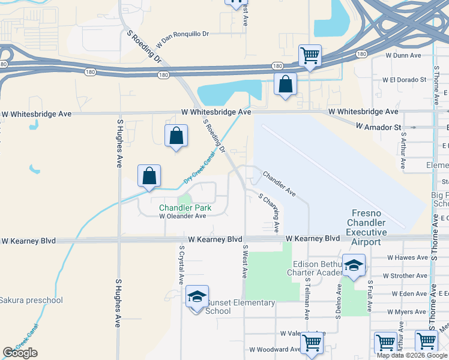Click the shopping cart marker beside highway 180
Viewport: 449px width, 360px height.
pyautogui.click(x=310, y=56)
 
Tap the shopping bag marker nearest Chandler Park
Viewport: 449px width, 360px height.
pyautogui.click(x=149, y=176)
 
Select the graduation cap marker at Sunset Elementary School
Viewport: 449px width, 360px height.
pyautogui.click(x=197, y=297)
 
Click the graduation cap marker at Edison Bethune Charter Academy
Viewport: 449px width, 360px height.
pyautogui.click(x=354, y=266)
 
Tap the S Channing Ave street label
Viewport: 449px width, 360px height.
pyautogui.click(x=269, y=212)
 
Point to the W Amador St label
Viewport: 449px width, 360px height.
pyautogui.click(x=378, y=127)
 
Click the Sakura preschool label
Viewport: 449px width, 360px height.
pyautogui.click(x=31, y=300)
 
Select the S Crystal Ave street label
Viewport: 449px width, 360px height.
pyautogui.click(x=180, y=264)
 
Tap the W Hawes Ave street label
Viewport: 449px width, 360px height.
pyautogui.click(x=407, y=257)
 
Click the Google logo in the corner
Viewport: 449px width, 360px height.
pyautogui.click(x=20, y=353)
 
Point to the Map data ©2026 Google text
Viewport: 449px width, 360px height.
pyautogui.click(x=412, y=355)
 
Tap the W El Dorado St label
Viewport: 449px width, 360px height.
pyautogui.click(x=405, y=79)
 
